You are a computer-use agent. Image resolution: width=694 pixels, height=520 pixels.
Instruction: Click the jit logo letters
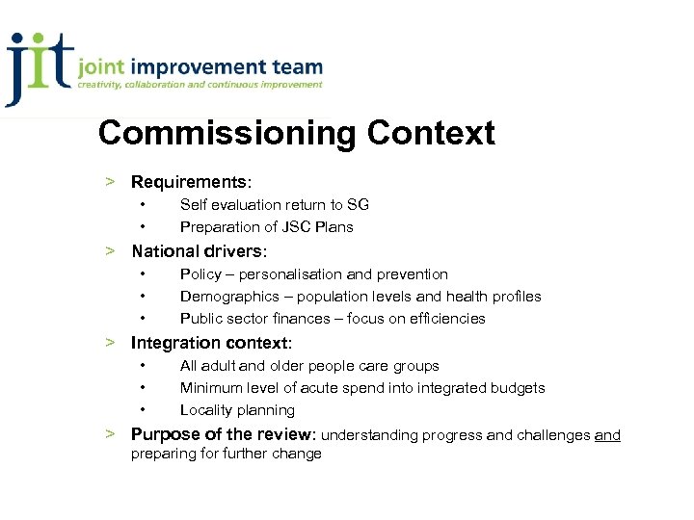click(x=39, y=67)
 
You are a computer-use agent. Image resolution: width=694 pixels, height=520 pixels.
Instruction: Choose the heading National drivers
click(x=197, y=251)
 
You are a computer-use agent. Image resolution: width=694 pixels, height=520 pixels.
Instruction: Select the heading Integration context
click(x=210, y=343)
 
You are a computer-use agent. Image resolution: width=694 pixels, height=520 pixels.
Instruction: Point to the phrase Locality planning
click(x=237, y=410)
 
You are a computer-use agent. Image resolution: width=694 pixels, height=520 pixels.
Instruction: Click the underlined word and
click(x=607, y=435)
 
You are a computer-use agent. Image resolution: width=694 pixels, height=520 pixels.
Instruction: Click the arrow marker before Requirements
click(x=112, y=182)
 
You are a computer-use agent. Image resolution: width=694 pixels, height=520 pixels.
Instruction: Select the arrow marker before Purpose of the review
click(x=112, y=433)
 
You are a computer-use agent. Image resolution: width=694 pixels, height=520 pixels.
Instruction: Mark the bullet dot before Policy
click(x=143, y=274)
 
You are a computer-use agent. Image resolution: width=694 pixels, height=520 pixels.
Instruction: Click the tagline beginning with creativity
click(x=200, y=85)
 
